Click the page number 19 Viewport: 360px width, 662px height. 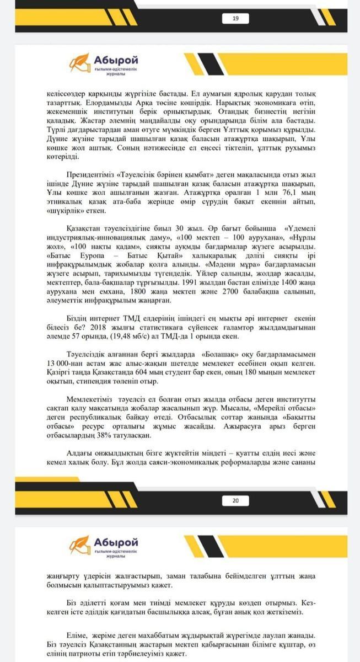(235, 19)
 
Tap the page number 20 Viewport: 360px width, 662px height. (235, 500)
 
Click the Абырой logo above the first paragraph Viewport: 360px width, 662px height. (104, 63)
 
